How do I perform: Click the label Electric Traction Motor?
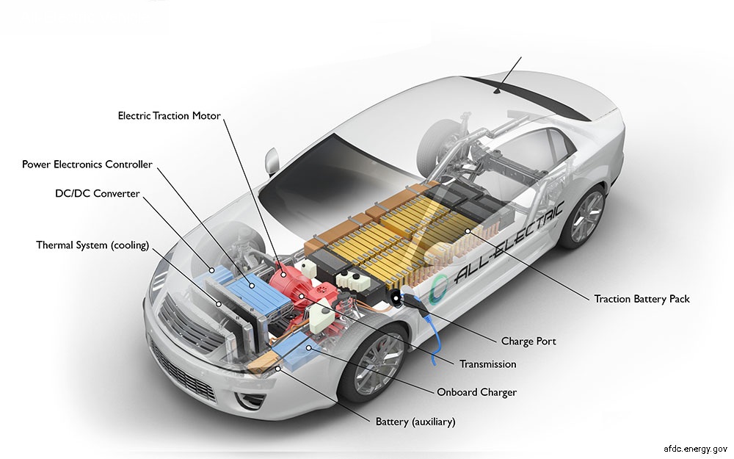point(170,116)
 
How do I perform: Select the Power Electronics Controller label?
point(87,165)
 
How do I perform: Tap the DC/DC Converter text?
point(97,194)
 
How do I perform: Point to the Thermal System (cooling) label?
point(92,245)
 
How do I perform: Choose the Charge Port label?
point(528,341)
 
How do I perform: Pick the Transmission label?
point(487,364)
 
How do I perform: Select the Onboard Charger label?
point(476,392)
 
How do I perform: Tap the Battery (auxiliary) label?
point(415,422)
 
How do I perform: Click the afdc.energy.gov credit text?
point(694,447)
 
